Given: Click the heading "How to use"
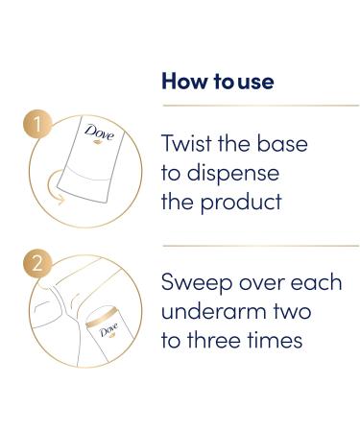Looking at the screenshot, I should pyautogui.click(x=217, y=82).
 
